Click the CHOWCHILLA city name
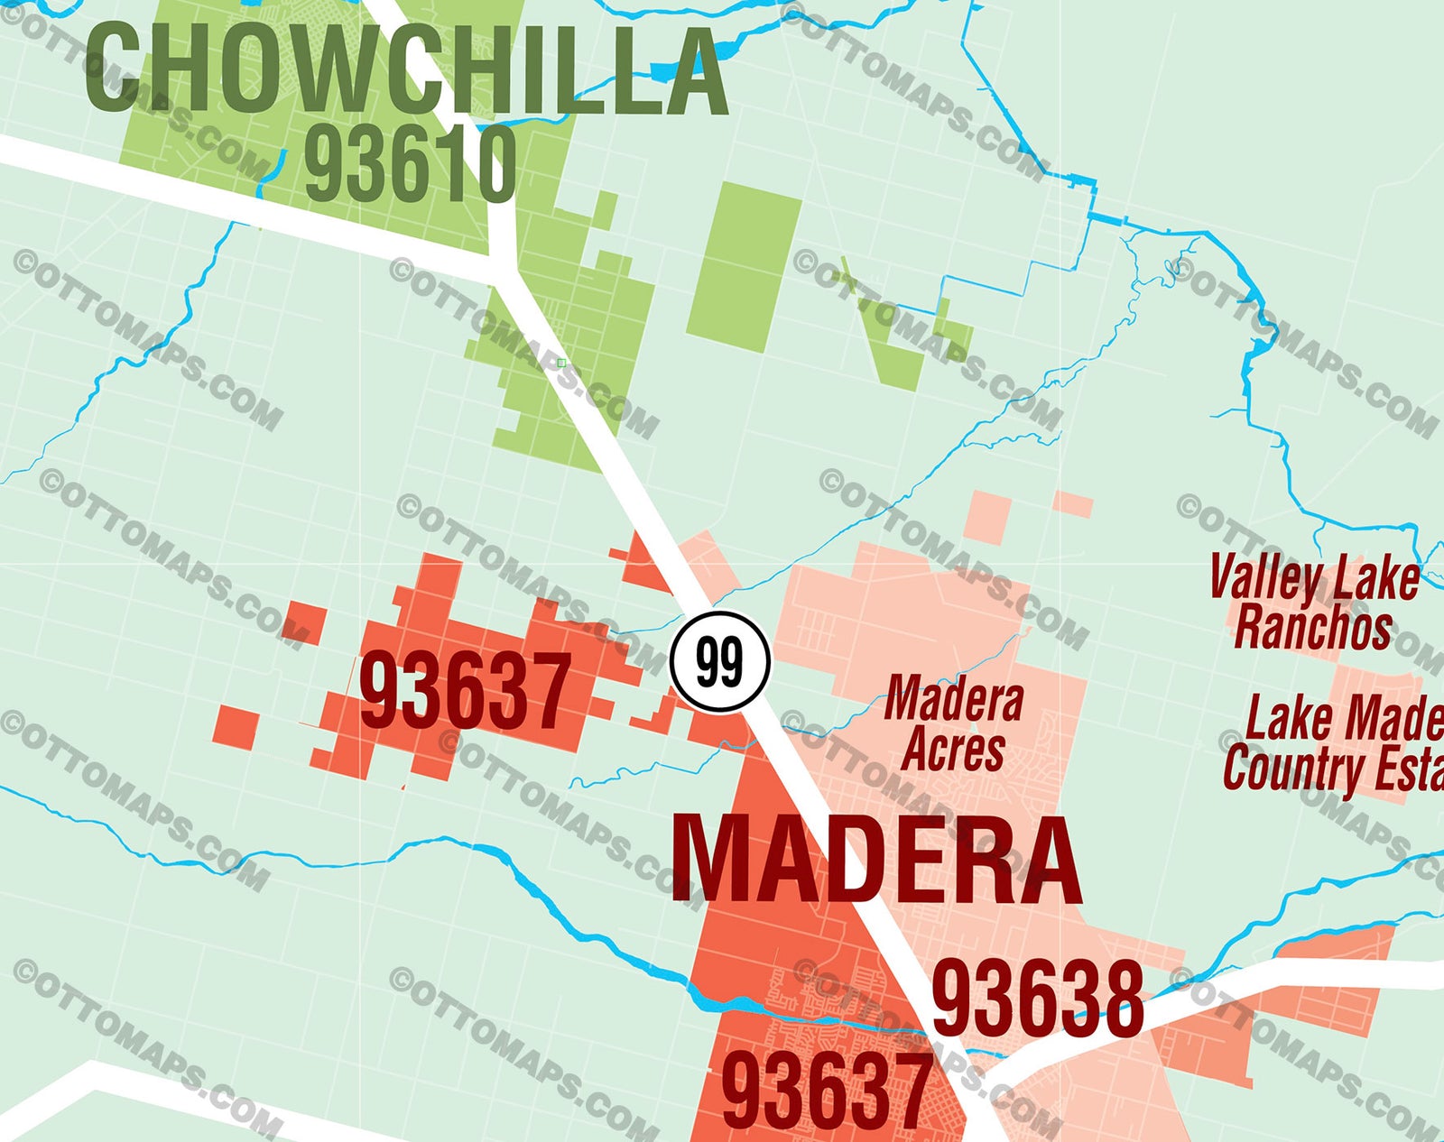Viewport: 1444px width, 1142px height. (406, 70)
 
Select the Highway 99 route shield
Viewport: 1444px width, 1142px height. (719, 662)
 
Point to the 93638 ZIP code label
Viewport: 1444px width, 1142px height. (1037, 999)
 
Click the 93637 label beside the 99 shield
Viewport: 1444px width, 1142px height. (465, 692)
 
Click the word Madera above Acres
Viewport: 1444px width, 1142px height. (954, 700)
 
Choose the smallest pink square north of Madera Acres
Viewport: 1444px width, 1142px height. (1073, 503)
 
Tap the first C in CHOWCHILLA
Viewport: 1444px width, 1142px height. (115, 70)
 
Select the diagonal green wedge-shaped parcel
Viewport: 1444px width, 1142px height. (889, 338)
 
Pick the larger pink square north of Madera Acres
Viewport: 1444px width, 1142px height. (986, 516)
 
